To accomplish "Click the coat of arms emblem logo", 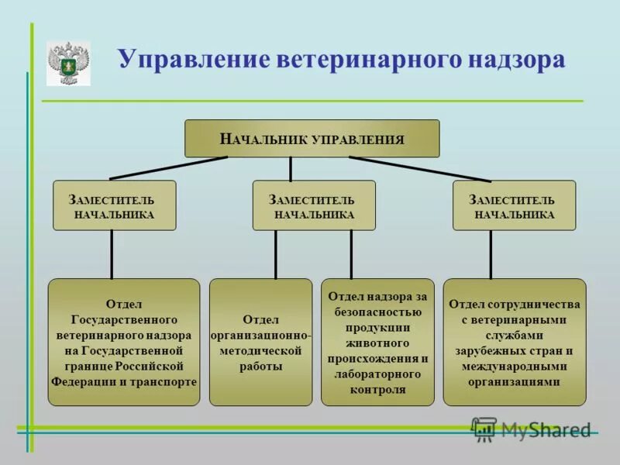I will point(68,63).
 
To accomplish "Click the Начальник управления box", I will point(312,139).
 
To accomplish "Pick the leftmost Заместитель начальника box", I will point(115,205).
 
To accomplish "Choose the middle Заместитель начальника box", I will point(314,205).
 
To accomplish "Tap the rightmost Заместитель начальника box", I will point(514,205).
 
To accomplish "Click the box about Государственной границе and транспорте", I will point(124,342).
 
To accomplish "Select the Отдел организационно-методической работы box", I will point(260,342).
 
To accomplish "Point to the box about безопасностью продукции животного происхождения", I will point(377,342).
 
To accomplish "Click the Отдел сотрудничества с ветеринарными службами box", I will point(515,342).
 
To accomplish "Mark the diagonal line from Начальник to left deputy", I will point(169,168).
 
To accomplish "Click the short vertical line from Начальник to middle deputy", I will point(291,168).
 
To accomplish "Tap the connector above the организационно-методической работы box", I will point(275,254).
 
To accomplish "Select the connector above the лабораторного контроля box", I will point(351,254).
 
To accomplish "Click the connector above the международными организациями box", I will point(491,254).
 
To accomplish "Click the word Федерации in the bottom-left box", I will point(84,382).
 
